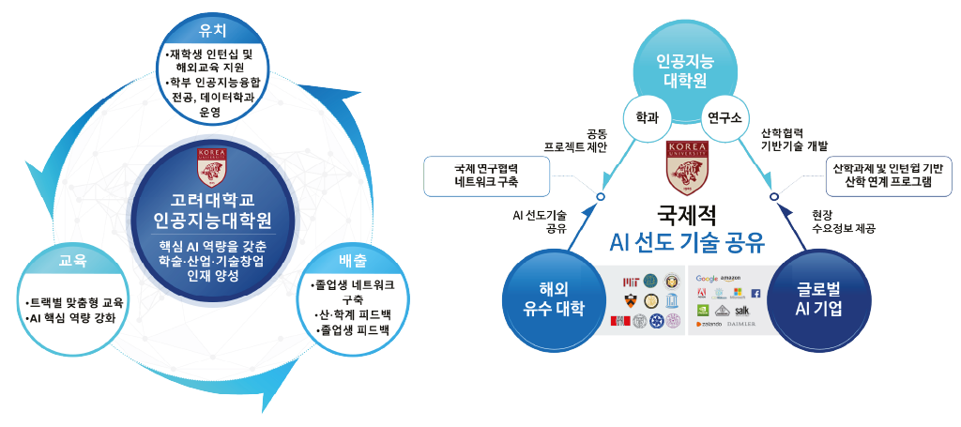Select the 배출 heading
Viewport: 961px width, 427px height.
point(354,260)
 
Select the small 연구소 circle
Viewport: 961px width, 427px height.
point(724,119)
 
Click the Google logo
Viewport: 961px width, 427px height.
point(707,279)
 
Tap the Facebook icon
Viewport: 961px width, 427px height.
point(755,294)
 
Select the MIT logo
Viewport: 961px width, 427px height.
point(631,281)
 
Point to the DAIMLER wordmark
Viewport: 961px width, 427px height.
point(746,324)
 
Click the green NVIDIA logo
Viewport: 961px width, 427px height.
point(701,309)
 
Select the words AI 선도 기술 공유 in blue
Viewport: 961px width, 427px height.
point(687,243)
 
